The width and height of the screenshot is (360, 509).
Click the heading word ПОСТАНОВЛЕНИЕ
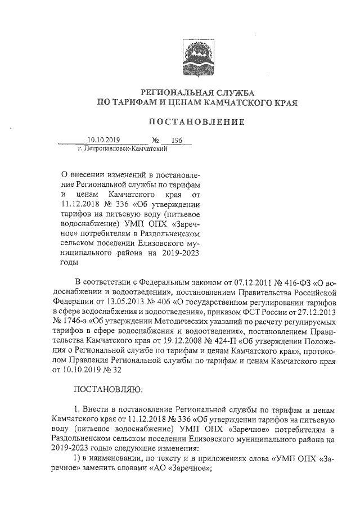[x=197, y=121]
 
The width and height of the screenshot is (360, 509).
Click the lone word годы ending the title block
[x=70, y=263]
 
